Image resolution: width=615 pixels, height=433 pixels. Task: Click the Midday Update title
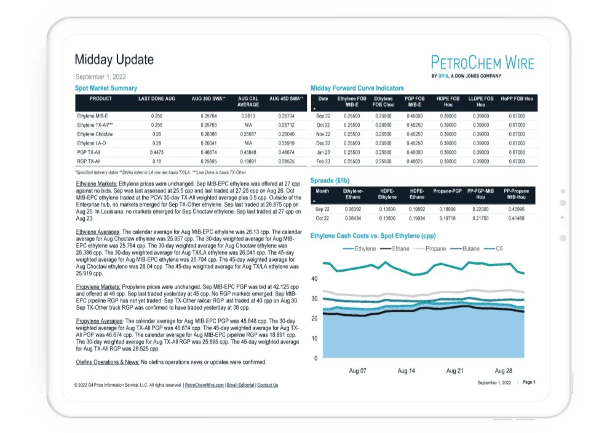[x=114, y=60]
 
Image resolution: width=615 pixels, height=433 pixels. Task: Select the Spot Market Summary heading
[x=106, y=89]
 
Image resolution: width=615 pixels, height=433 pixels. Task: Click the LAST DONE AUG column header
[x=157, y=99]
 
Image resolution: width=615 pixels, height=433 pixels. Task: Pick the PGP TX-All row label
[x=89, y=152]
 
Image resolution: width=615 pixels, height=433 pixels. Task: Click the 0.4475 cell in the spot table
[x=157, y=152]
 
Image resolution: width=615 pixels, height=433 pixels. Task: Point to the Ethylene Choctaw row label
[x=95, y=134]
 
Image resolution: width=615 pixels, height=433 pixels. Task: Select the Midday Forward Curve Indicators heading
[x=357, y=89]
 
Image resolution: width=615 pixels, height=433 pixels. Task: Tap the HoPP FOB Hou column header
[x=517, y=99]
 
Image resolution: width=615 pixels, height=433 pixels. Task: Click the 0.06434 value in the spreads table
[x=353, y=219]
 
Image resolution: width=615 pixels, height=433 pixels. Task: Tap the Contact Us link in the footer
[x=268, y=386]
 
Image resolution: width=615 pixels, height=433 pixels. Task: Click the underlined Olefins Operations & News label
[x=108, y=362]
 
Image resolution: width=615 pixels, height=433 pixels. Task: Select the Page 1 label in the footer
[x=529, y=382]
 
